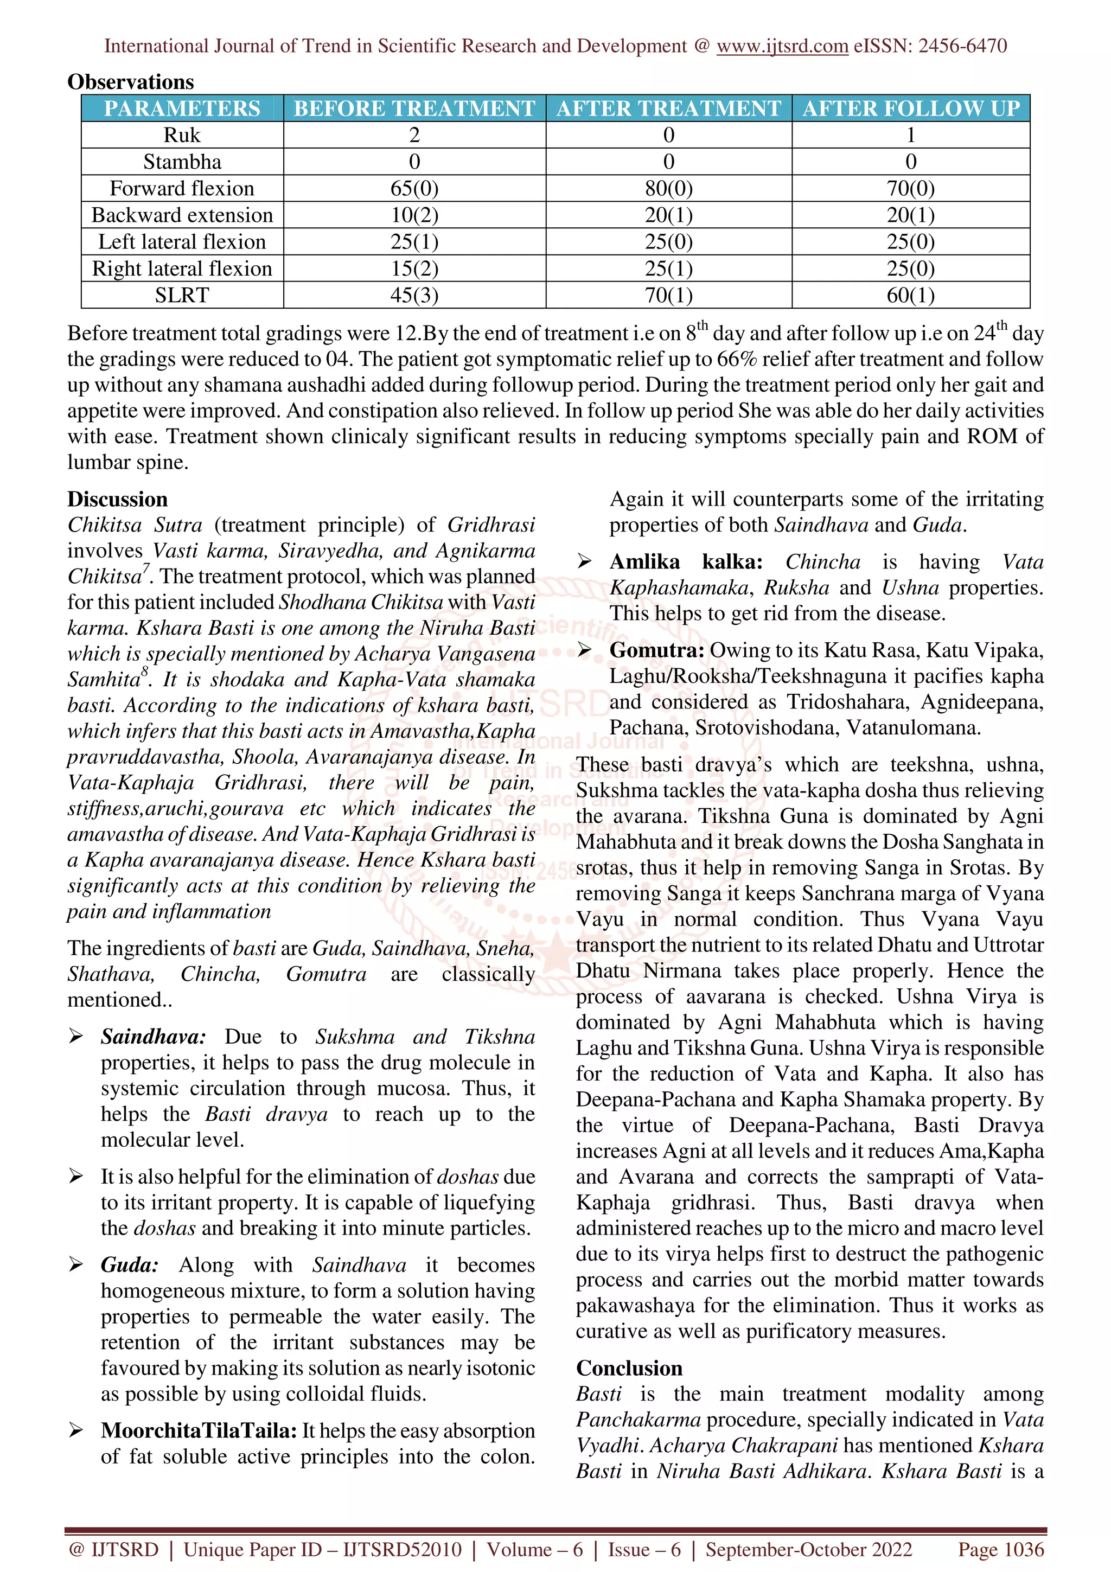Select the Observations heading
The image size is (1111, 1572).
pyautogui.click(x=131, y=82)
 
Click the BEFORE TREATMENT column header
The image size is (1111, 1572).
pyautogui.click(x=414, y=108)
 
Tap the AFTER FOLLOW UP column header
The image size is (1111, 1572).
pyautogui.click(x=910, y=108)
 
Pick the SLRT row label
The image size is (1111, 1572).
pyautogui.click(x=182, y=295)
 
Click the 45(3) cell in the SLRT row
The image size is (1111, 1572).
pyautogui.click(x=414, y=295)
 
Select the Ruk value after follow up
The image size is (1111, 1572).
pyautogui.click(x=910, y=135)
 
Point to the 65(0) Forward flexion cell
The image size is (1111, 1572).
pyautogui.click(x=414, y=188)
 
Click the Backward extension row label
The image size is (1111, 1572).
pyautogui.click(x=182, y=215)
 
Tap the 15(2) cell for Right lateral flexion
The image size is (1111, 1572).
pyautogui.click(x=414, y=269)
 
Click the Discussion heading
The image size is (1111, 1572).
pyautogui.click(x=117, y=499)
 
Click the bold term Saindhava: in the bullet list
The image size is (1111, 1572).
pyautogui.click(x=152, y=1037)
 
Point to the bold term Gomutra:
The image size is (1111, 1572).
pyautogui.click(x=656, y=650)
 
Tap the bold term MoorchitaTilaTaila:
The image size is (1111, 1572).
pyautogui.click(x=199, y=1430)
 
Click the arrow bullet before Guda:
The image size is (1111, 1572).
pyautogui.click(x=76, y=1264)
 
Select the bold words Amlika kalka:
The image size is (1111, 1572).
pyautogui.click(x=685, y=562)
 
